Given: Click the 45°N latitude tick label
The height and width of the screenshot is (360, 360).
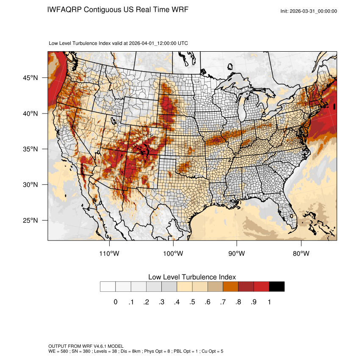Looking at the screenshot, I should point(30,78).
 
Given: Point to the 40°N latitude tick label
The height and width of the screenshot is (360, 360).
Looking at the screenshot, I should point(30,114).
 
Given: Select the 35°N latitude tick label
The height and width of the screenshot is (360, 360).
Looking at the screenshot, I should point(30,149).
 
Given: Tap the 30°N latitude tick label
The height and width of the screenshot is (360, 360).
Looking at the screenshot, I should point(30,185).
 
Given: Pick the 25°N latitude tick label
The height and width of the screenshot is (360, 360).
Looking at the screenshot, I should point(30,220).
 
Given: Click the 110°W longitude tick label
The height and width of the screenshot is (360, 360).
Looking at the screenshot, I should point(110,254).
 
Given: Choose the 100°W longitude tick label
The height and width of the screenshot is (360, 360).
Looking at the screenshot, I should point(173,254).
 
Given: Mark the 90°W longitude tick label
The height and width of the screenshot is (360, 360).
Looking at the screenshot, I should point(237,254).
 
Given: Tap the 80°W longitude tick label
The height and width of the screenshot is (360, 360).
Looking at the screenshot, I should point(301,254).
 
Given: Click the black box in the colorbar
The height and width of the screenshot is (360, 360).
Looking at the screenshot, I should point(277,287).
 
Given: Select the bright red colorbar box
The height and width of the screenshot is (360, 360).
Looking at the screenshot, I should point(261,287).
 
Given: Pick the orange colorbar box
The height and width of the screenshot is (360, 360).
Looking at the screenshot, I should point(230,287).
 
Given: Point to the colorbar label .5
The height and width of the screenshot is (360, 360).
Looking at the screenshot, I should point(192,302).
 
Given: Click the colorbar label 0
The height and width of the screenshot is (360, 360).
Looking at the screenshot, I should point(115,302).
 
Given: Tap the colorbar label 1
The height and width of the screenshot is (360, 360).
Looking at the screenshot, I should point(269,302).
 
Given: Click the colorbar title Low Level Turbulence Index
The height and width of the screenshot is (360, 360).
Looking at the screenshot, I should point(192,277).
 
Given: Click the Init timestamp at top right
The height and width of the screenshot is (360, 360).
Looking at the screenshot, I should point(309,11).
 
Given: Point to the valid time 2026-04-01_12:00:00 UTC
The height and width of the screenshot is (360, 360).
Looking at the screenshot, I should point(158,43).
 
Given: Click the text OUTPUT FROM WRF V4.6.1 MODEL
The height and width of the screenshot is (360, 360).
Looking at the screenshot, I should point(86,346).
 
